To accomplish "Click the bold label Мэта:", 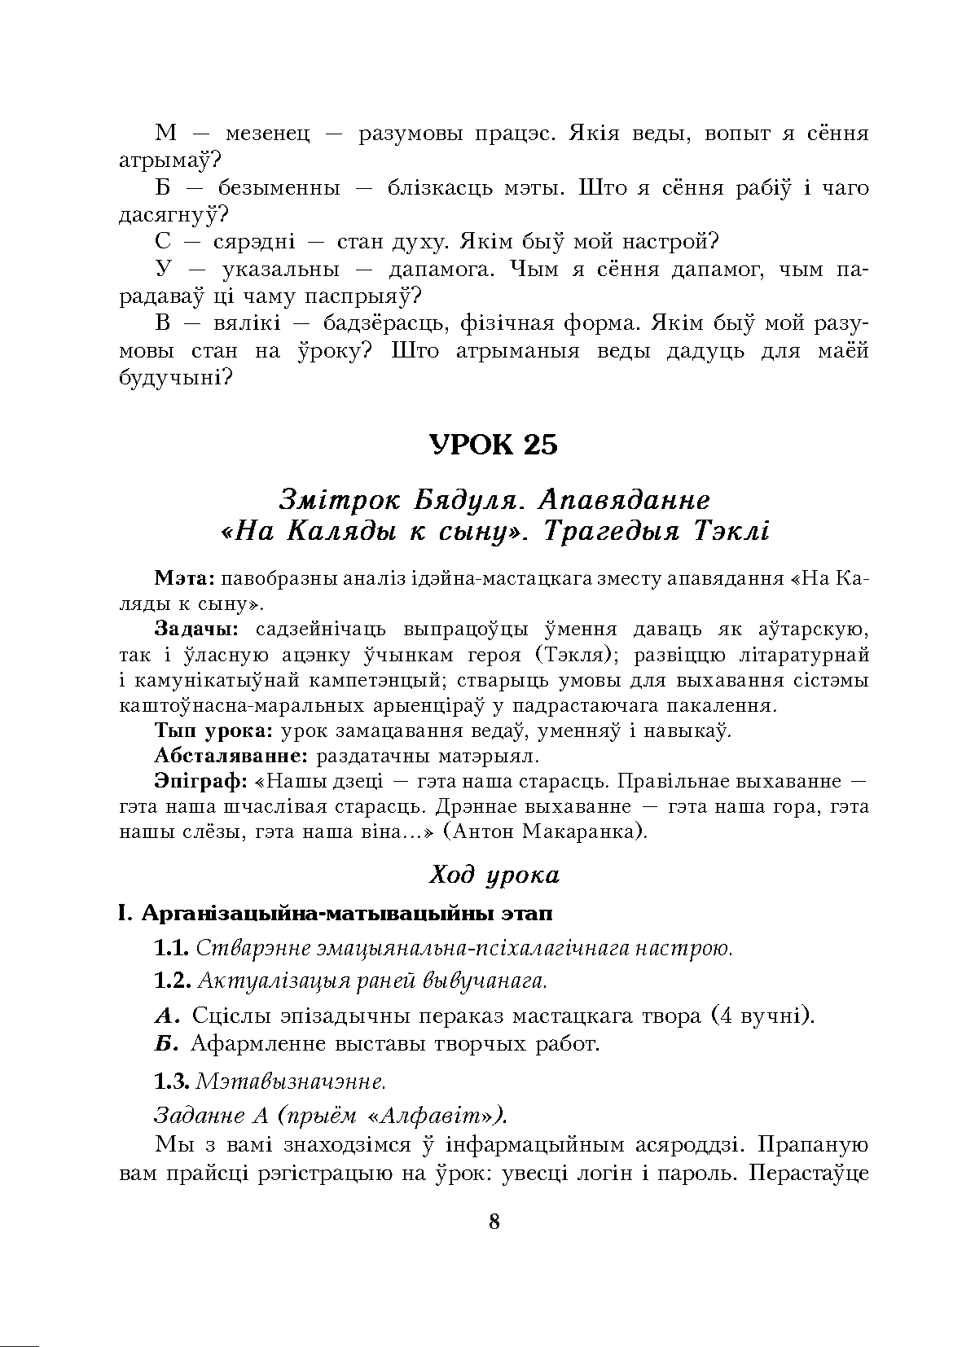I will tap(184, 578).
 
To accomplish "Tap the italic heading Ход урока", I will tap(494, 875).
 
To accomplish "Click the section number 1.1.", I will tap(172, 949).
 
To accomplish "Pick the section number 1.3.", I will tap(172, 1082).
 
